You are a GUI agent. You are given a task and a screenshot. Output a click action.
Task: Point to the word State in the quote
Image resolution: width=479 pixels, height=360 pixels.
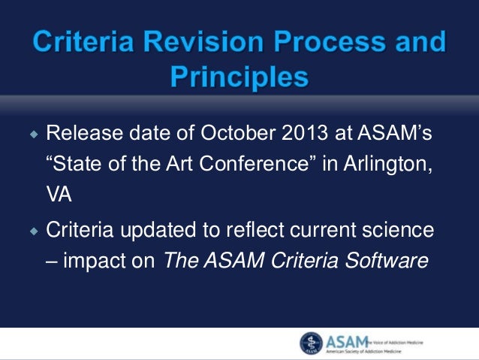point(74,166)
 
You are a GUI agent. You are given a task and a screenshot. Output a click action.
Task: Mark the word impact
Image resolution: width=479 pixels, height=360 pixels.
point(89,260)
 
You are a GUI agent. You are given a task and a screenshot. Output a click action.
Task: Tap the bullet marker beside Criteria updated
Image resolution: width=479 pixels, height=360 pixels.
point(34,231)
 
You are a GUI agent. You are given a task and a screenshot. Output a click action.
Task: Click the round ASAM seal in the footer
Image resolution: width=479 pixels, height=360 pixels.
point(310,343)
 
